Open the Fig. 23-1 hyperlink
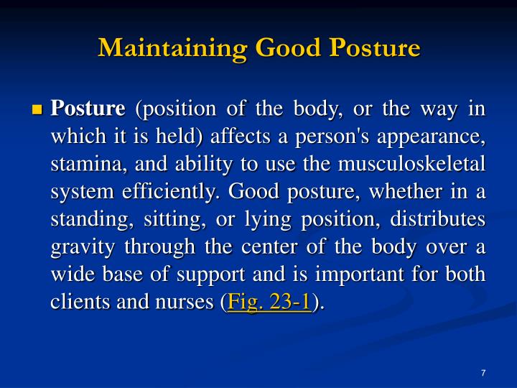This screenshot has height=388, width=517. tap(269, 303)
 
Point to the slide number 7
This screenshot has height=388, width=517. tap(483, 372)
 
